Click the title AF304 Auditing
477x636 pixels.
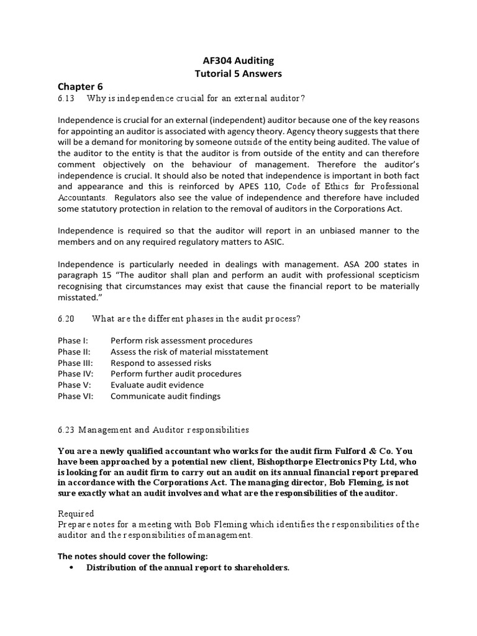[238, 60]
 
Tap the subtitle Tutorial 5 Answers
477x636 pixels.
[238, 73]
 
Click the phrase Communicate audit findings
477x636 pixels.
[165, 396]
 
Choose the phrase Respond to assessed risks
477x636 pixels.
[161, 363]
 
